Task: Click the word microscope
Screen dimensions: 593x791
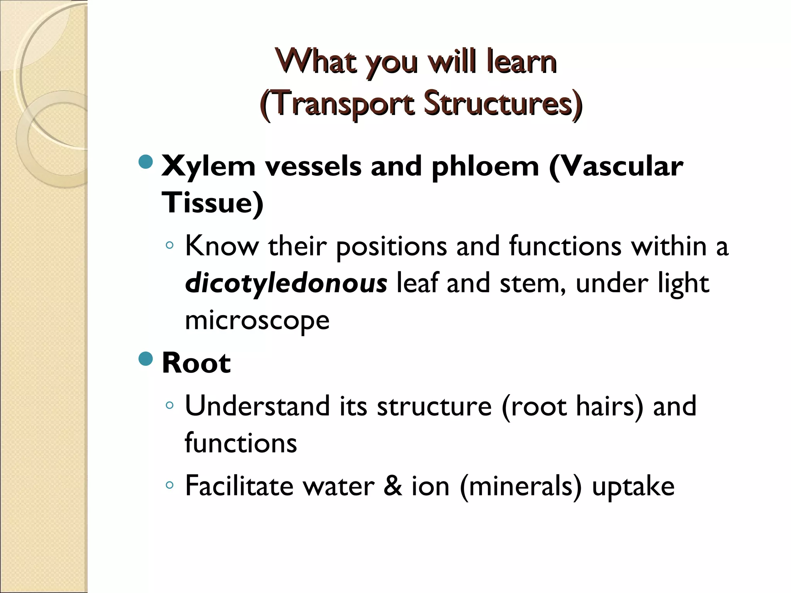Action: tap(257, 320)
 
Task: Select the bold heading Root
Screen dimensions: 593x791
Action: tap(196, 363)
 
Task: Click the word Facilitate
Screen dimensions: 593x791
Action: tap(239, 486)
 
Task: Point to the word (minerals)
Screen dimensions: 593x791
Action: tap(520, 486)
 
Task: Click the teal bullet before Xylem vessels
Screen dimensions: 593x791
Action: tap(146, 162)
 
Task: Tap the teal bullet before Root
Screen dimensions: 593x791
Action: tap(146, 359)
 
